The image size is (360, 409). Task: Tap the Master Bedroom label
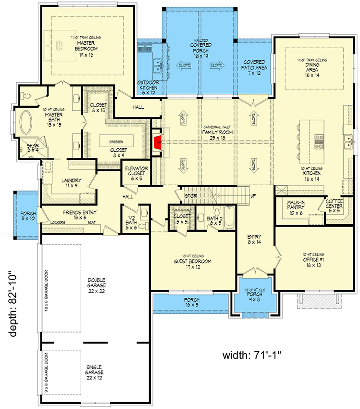point(87,46)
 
